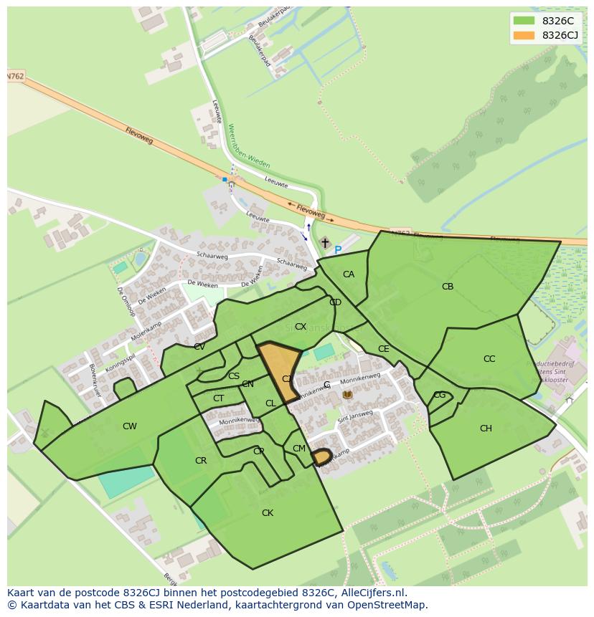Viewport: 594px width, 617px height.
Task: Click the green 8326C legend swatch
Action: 524,21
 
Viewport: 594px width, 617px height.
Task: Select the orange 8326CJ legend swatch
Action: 524,35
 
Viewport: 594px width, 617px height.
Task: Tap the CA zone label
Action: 349,274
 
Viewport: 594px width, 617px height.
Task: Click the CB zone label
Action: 448,287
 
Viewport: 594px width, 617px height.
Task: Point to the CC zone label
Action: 489,359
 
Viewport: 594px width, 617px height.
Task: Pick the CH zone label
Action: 486,429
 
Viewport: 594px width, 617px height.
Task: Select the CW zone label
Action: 129,426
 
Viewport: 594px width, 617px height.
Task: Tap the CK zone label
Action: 268,513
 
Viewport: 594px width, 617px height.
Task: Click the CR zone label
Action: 201,461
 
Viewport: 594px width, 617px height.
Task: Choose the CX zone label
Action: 301,327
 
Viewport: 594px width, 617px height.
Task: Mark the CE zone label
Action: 384,349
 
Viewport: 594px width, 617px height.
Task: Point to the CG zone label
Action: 440,395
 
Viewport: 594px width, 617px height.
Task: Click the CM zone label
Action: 299,449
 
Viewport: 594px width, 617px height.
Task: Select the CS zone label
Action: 234,376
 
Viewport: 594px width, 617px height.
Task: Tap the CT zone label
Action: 219,398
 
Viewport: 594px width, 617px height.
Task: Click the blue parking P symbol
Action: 338,250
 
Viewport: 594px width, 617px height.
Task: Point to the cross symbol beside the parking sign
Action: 325,244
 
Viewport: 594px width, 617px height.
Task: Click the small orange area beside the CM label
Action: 321,456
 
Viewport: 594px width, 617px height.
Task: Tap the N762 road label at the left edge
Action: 16,76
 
